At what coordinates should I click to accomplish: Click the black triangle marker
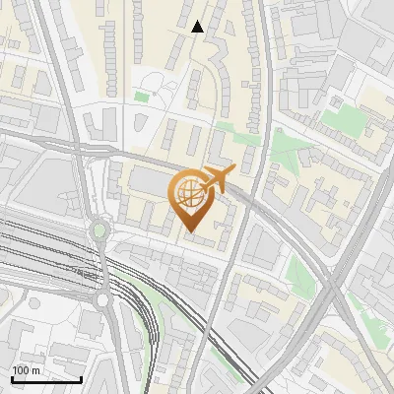[x=198, y=27]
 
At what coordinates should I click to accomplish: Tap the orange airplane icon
[x=216, y=180]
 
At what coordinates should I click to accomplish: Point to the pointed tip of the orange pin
[x=189, y=230]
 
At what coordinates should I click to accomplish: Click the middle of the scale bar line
[x=46, y=379]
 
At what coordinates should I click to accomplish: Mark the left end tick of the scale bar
[x=12, y=378]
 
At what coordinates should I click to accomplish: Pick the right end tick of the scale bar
[x=81, y=378]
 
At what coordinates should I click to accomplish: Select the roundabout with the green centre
[x=98, y=232]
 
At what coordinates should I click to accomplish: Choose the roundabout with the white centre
[x=102, y=299]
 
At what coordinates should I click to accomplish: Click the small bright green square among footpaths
[x=142, y=97]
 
